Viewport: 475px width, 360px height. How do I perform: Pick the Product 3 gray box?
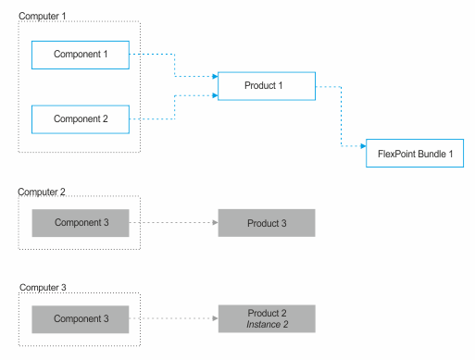(x=266, y=223)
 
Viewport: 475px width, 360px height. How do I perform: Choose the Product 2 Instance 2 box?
(x=266, y=319)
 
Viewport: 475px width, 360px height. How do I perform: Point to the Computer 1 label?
(x=43, y=17)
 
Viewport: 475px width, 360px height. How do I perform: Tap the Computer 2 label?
(x=43, y=192)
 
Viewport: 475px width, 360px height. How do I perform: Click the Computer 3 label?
(x=43, y=288)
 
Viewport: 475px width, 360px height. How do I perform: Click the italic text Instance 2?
(x=267, y=325)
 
